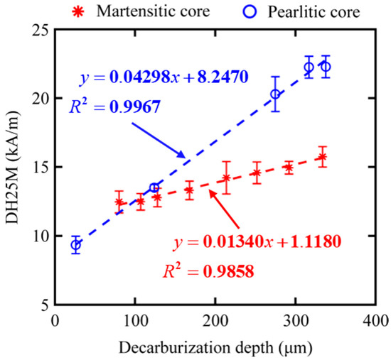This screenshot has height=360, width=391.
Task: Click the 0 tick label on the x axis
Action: pos(56,322)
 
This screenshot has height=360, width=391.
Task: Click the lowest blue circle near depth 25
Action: pos(75,245)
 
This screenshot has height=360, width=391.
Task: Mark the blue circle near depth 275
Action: pos(276,94)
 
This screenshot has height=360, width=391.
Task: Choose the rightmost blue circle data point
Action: pos(326,67)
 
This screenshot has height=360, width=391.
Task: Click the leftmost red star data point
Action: pos(119,202)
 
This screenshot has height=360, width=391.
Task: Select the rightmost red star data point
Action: pos(322,157)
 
